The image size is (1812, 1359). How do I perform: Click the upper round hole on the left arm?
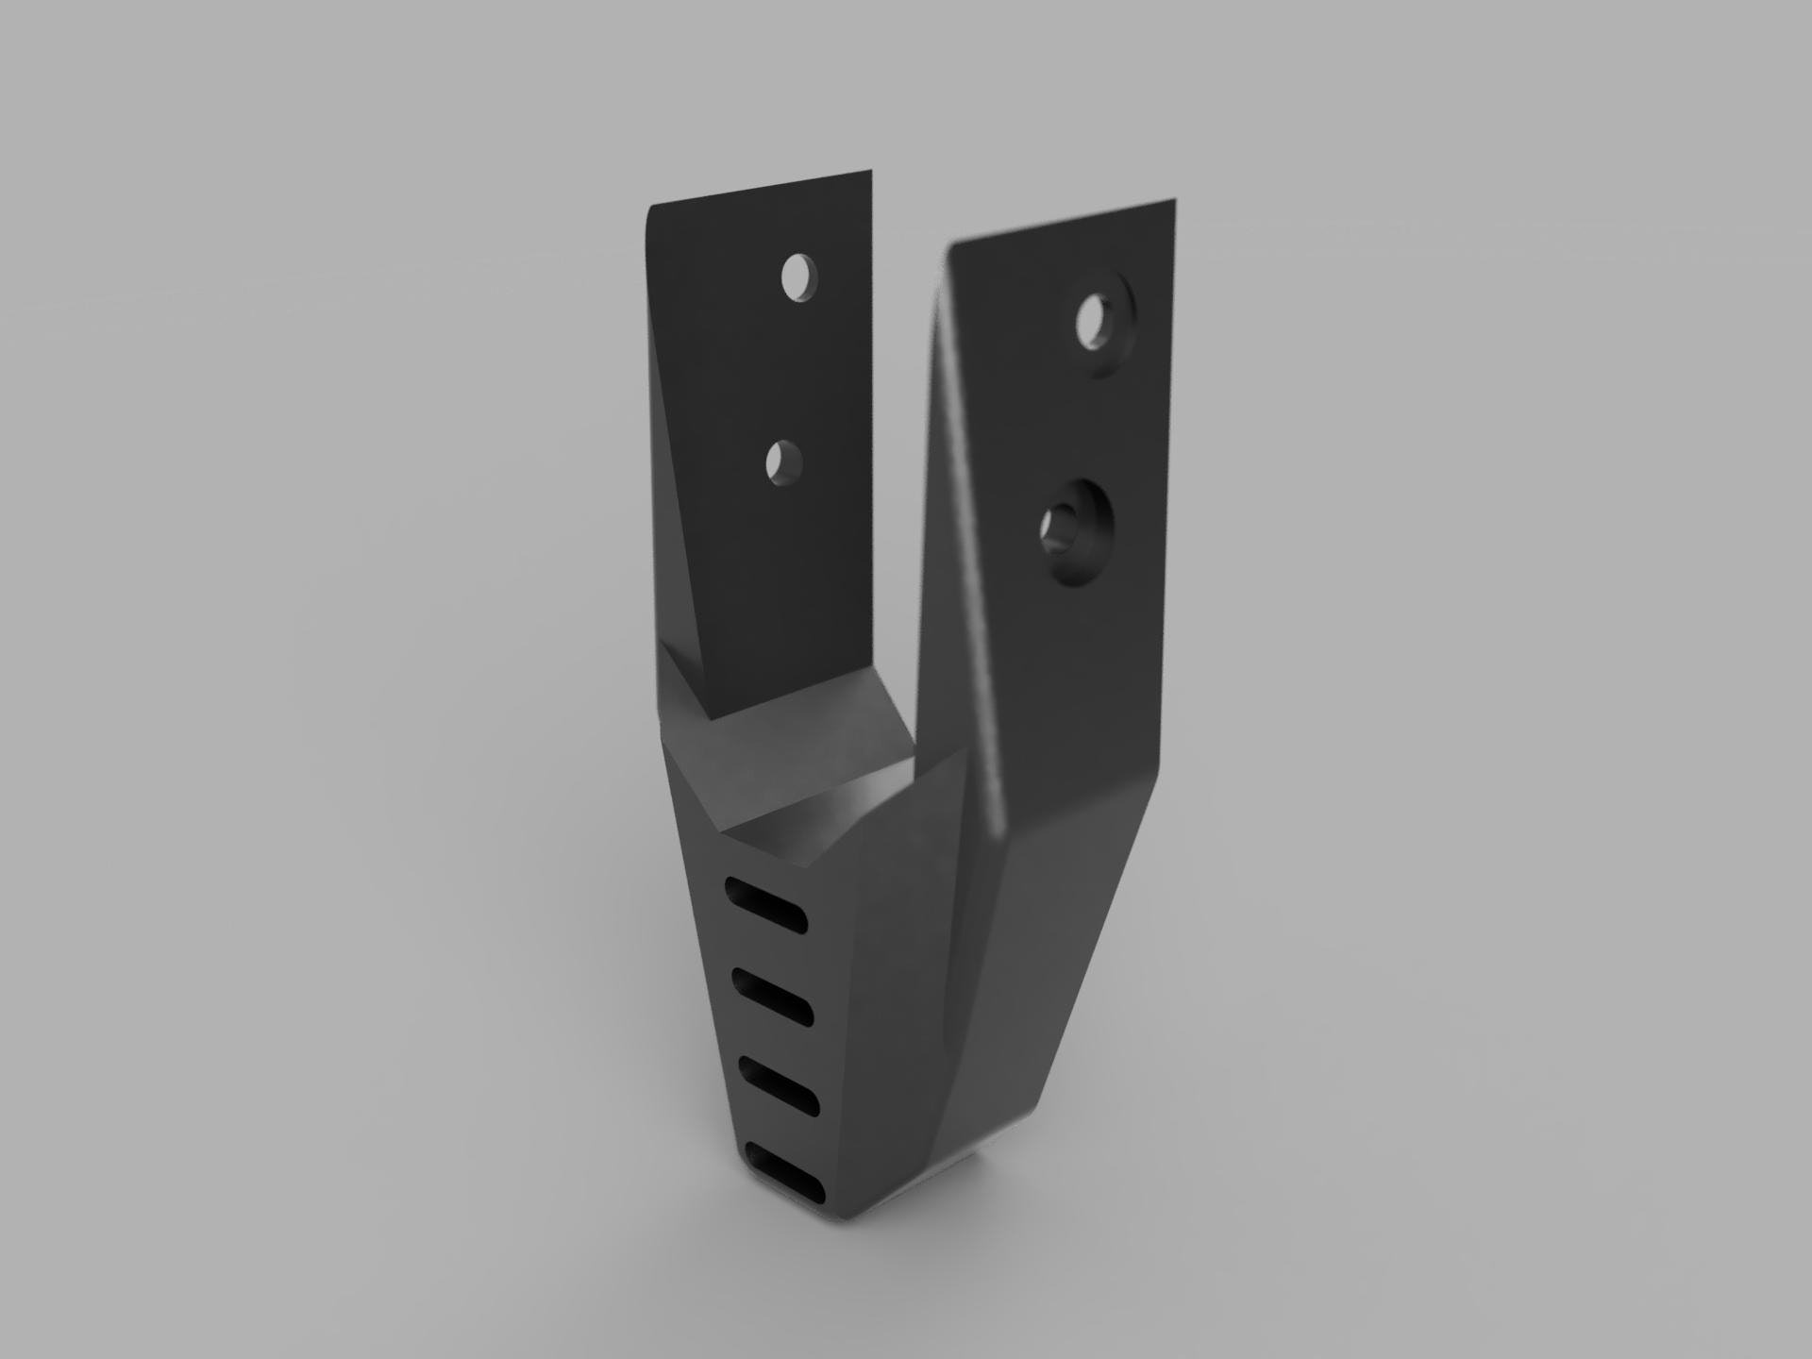799,277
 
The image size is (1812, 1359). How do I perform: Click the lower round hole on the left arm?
784,462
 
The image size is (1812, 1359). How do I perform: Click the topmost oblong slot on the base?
767,907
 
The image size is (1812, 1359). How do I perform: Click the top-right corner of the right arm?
1173,201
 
